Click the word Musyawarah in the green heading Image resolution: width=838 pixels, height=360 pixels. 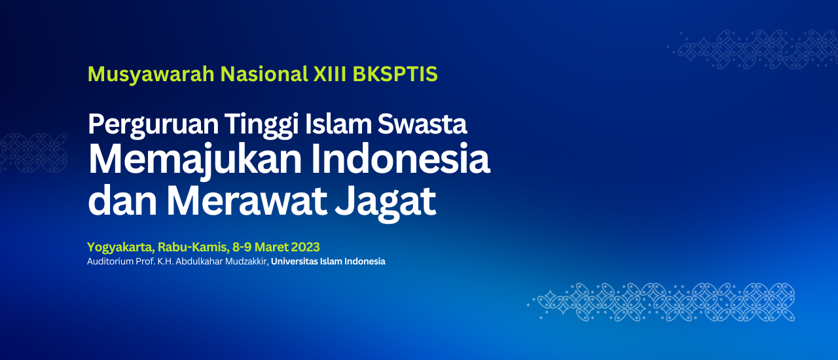tap(151, 75)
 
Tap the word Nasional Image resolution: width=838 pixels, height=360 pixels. tap(264, 74)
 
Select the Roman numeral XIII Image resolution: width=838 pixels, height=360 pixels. tap(330, 74)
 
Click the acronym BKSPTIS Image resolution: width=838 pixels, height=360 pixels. tap(395, 74)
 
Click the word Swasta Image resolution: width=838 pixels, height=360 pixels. tap(422, 124)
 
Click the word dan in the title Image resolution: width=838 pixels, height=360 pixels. tap(122, 200)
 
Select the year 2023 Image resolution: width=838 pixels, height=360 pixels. tap(305, 247)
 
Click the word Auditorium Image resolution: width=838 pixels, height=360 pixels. tap(111, 261)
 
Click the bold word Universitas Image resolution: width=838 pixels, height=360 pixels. tap(294, 261)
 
